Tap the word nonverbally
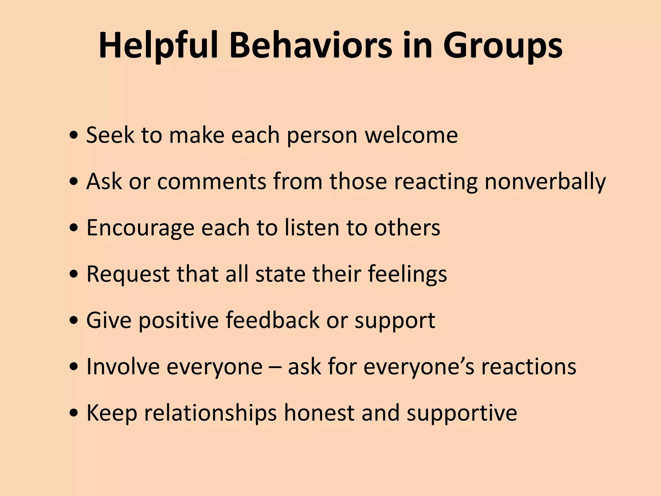(x=545, y=182)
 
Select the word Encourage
(x=140, y=228)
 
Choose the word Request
(x=128, y=274)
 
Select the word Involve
(x=123, y=367)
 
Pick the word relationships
(x=210, y=413)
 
